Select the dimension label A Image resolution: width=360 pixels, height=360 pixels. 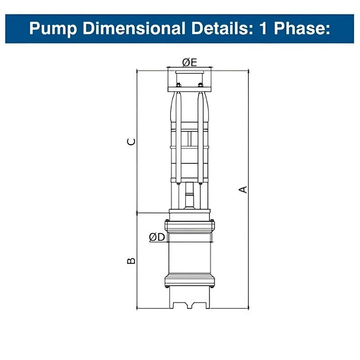(x=243, y=189)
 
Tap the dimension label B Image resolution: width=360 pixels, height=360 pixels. (x=131, y=261)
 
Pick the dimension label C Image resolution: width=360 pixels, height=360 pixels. (x=131, y=142)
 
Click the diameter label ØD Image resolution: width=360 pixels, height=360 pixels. (x=157, y=237)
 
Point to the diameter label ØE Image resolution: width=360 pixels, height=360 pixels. (x=189, y=62)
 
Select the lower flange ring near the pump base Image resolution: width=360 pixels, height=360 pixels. (x=189, y=282)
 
